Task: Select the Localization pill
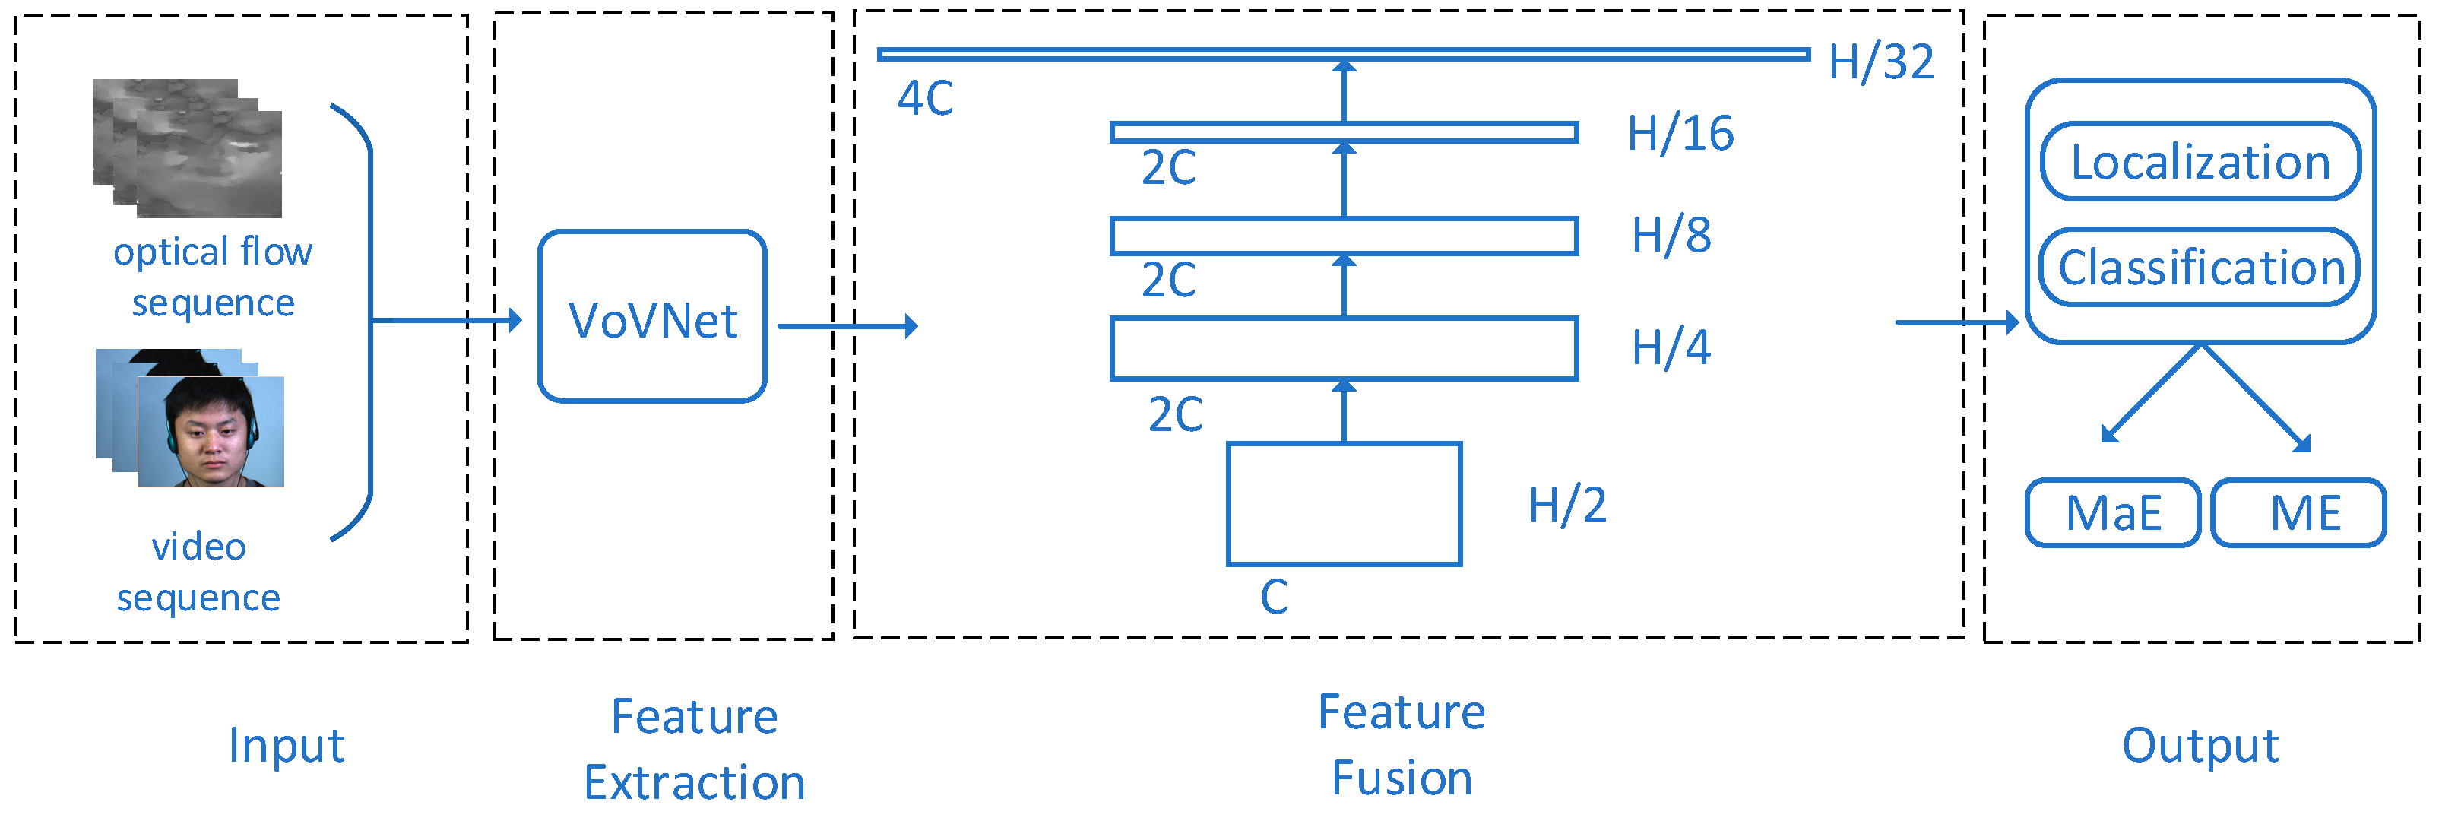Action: pos(2200,162)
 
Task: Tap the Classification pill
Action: pos(2200,268)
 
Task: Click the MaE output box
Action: pos(2113,513)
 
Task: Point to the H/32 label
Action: pos(1881,62)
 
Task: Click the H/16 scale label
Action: pos(1680,134)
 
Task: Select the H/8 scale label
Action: pos(1671,235)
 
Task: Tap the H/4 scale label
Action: pos(1671,348)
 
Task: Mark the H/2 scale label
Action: pos(1567,504)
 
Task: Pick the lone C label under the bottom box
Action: pos(1274,597)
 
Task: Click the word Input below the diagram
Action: pos(287,745)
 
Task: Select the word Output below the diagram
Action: pos(2200,745)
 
